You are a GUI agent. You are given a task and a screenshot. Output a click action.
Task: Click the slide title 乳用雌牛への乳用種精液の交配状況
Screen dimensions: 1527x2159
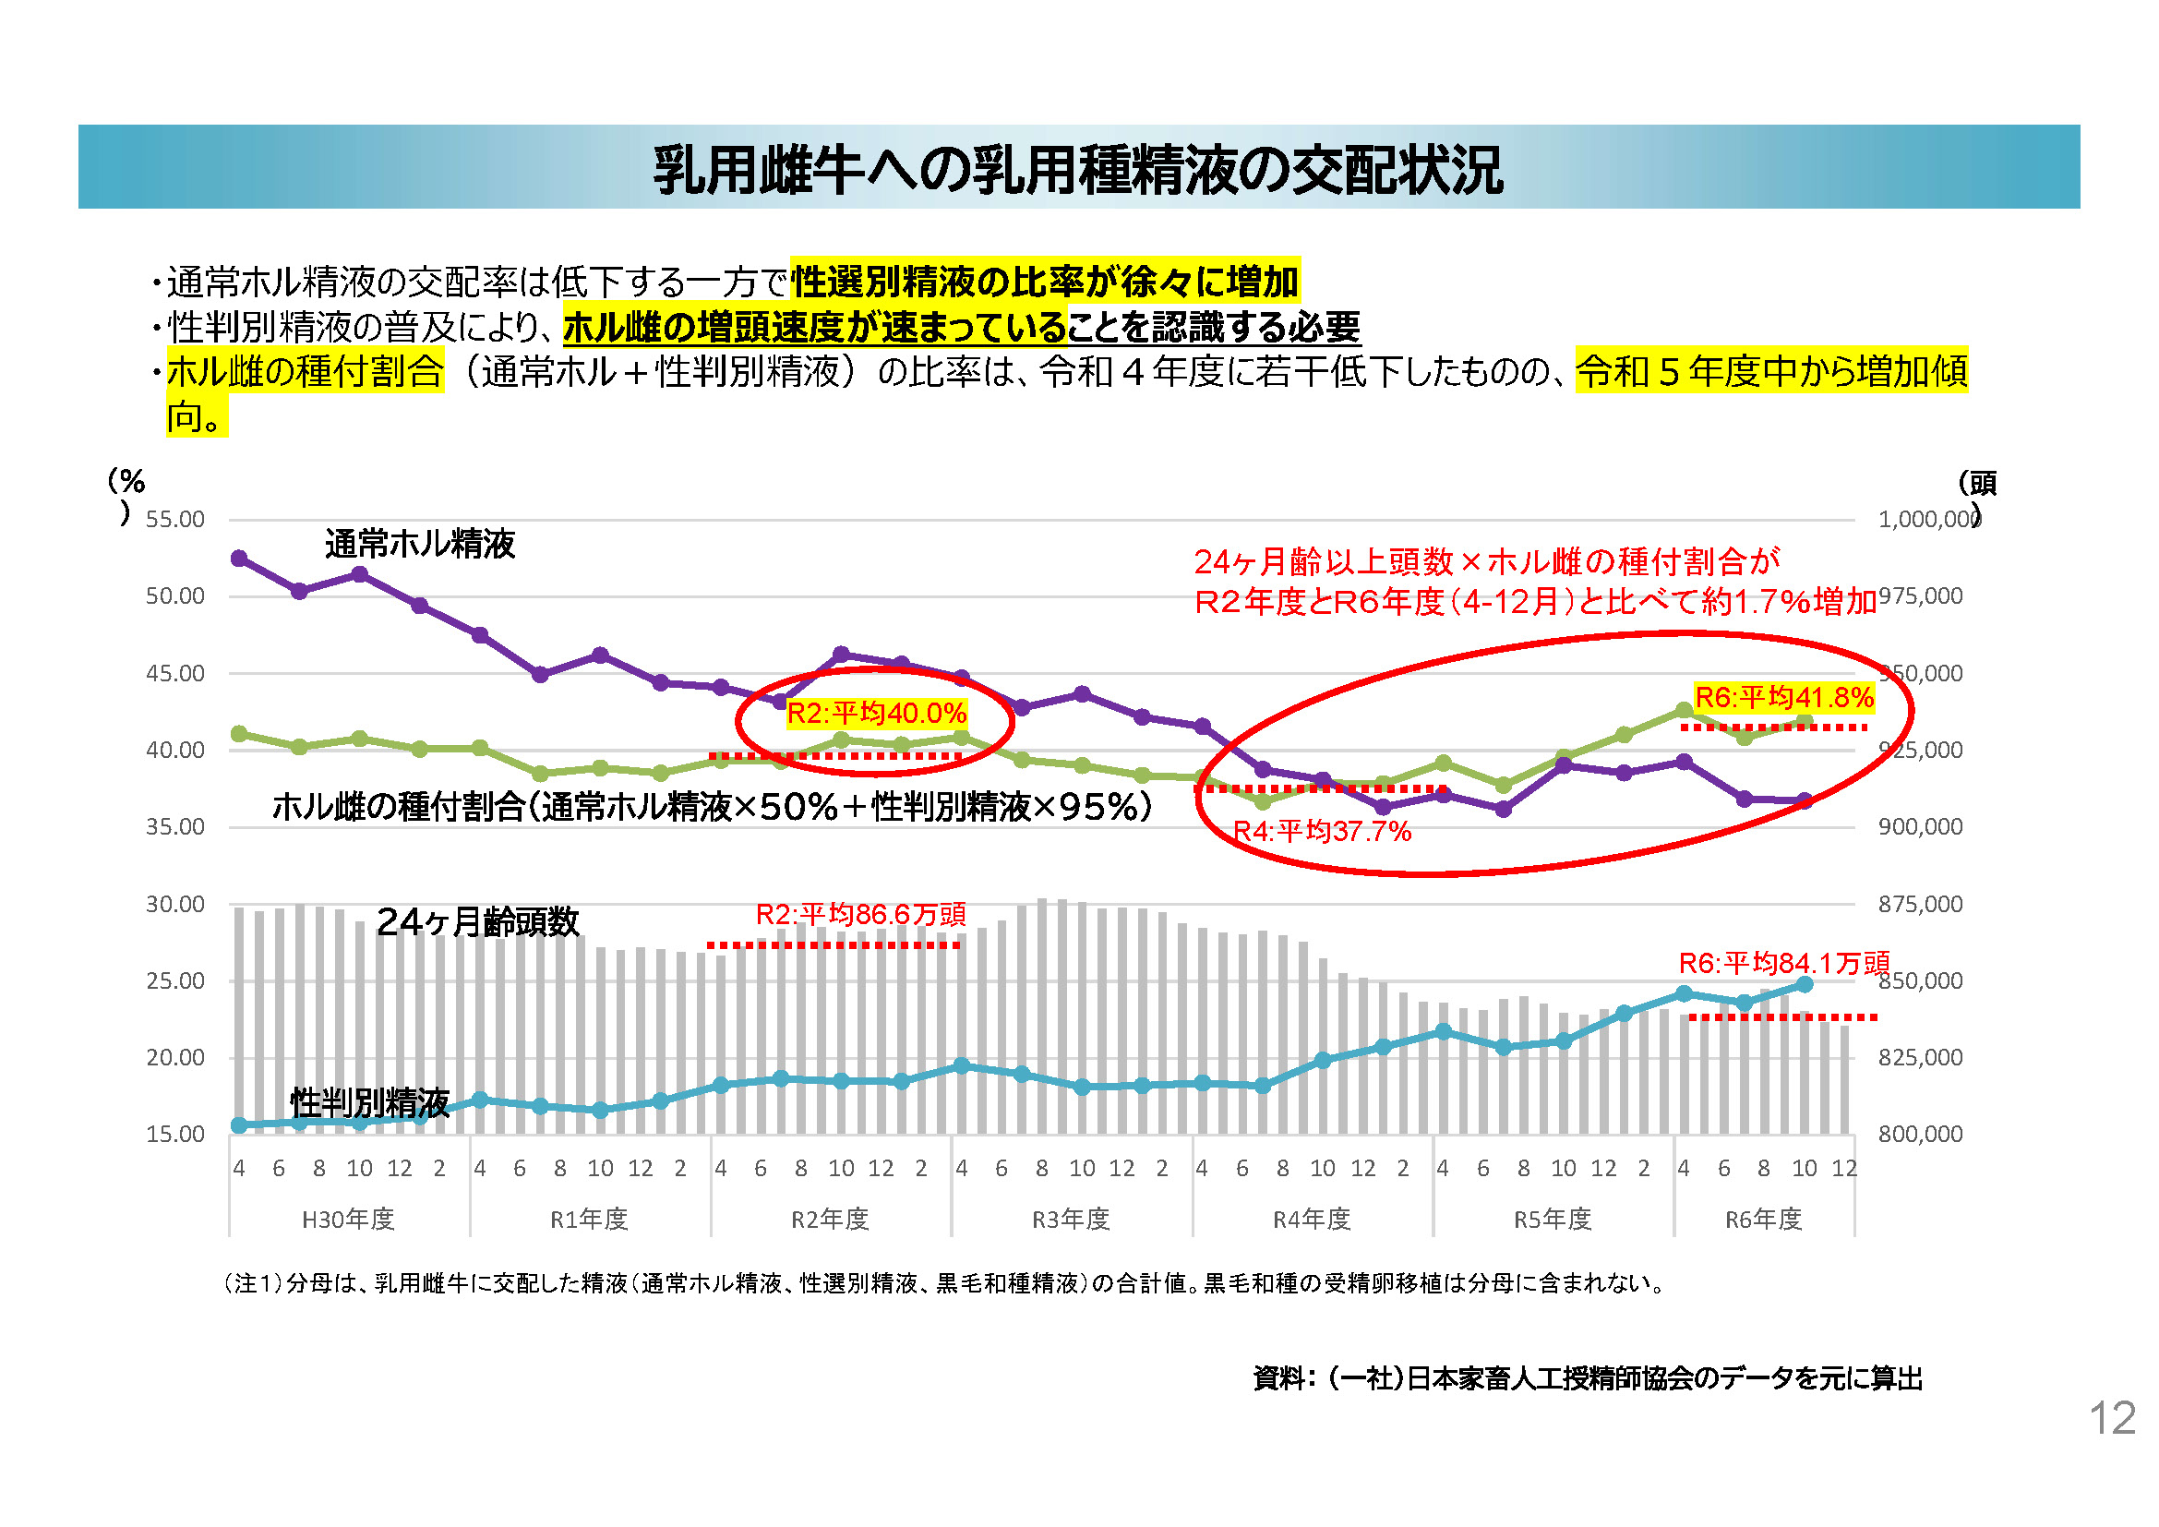point(1077,169)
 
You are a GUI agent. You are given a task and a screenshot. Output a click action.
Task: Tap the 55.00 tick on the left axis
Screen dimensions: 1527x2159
point(174,520)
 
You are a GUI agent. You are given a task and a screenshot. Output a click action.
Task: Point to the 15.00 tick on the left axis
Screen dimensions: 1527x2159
point(174,1135)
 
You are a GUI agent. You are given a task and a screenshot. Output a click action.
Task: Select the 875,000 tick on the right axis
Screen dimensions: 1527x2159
point(1920,905)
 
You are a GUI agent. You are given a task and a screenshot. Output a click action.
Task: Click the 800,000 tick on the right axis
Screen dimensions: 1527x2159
point(1920,1135)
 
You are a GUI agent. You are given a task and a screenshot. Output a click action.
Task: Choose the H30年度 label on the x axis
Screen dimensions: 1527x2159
point(348,1220)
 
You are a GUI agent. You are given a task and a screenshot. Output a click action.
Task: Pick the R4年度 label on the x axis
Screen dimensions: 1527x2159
point(1312,1220)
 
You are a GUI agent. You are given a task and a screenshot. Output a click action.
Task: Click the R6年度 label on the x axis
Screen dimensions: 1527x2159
point(1763,1220)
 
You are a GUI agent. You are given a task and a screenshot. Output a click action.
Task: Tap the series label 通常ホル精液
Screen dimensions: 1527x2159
point(420,545)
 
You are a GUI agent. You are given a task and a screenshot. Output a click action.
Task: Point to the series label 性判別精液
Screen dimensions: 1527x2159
point(369,1102)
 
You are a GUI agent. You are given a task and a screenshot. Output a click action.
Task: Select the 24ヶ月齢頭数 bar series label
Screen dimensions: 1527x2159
point(478,922)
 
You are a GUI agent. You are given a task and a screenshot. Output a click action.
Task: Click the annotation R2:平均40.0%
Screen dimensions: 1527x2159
point(876,714)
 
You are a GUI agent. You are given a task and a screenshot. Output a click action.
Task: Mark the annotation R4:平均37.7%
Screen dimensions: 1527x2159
point(1321,832)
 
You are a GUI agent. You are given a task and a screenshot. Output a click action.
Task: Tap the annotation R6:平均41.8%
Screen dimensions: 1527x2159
point(1784,698)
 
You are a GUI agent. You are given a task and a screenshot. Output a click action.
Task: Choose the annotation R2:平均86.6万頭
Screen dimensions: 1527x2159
point(860,915)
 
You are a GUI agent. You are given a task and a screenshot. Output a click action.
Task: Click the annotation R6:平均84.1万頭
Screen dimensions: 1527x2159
point(1784,964)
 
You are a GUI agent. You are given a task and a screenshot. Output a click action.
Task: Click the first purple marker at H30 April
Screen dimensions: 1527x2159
point(239,559)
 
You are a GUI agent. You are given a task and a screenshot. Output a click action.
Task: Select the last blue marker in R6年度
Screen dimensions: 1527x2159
point(1805,984)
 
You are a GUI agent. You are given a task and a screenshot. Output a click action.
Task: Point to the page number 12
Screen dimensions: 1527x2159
point(2112,1419)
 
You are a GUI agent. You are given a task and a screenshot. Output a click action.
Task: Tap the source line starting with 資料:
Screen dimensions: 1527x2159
point(1588,1379)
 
